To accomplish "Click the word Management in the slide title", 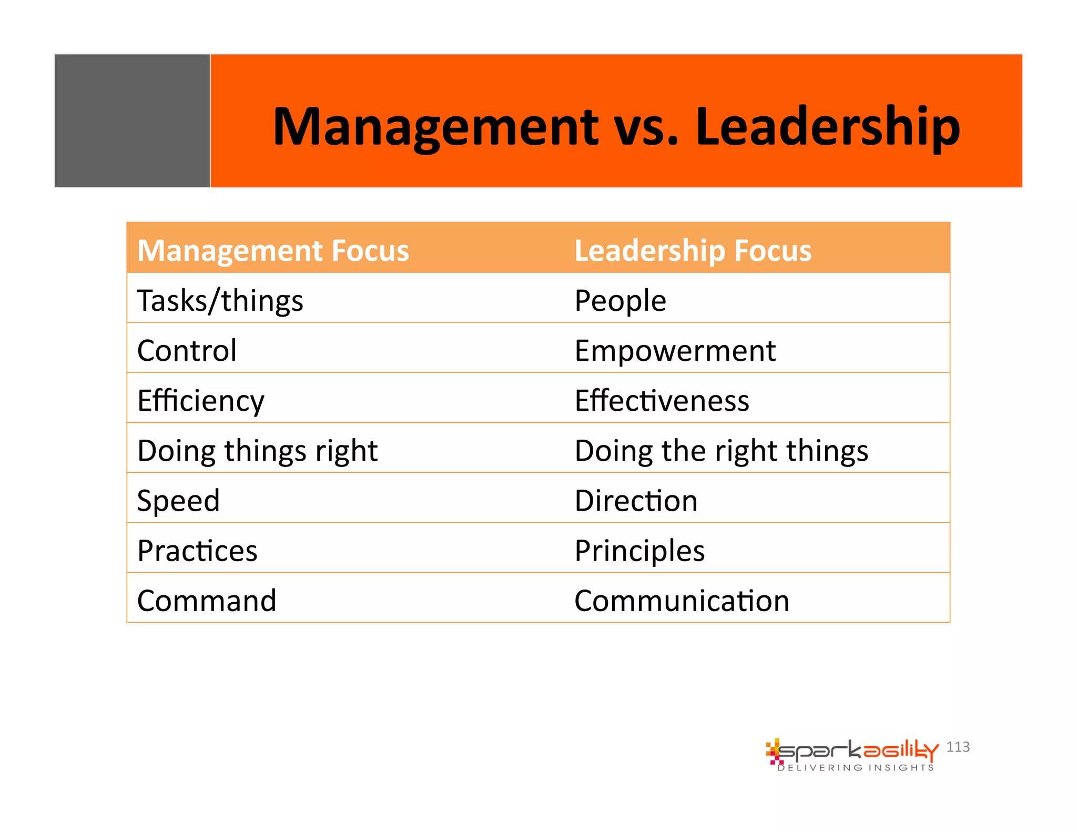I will pos(435,127).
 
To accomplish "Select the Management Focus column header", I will pos(273,250).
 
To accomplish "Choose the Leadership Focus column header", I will pos(693,250).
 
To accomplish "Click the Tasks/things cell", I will pos(220,301).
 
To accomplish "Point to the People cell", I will pos(620,301).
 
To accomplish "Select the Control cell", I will pos(187,350).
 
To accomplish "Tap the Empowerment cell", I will pos(675,350).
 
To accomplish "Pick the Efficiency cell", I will pos(200,401).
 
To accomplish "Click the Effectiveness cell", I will pos(662,401).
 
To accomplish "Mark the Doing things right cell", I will pos(257,451).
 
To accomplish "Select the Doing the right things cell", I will pos(721,451).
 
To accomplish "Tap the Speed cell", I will pos(178,501).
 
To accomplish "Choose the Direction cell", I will pos(636,501).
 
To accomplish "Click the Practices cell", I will pos(197,551).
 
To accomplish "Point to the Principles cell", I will pos(639,551).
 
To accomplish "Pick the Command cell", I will pos(207,601).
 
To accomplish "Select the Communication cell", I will pos(682,601).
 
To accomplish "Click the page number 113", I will pos(958,747).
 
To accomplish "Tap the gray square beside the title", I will pos(132,120).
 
